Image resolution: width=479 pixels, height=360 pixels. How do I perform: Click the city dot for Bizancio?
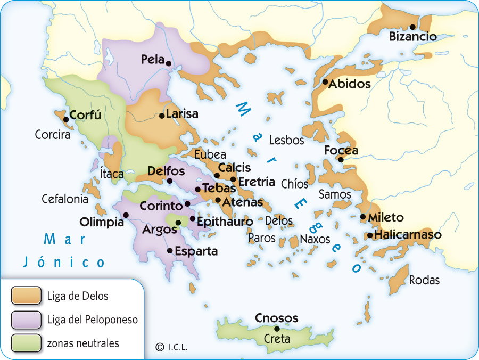tap(412, 27)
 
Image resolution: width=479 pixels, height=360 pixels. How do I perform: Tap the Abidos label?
tap(349, 84)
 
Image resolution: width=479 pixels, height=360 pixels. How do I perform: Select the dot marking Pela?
tap(169, 63)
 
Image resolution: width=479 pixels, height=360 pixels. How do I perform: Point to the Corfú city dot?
tap(66, 119)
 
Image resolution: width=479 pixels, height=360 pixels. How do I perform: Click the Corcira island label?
tap(53, 135)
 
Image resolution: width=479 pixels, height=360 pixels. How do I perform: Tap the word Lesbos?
tap(286, 141)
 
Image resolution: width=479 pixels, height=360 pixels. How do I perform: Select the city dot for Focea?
tap(341, 159)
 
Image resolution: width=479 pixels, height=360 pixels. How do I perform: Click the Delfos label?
tap(166, 171)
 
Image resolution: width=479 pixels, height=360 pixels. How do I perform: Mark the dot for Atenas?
tap(218, 200)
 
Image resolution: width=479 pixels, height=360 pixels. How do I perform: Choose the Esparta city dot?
tap(170, 250)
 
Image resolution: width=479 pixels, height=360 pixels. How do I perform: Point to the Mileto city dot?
tap(363, 217)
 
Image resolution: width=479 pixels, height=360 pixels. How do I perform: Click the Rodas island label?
tap(424, 280)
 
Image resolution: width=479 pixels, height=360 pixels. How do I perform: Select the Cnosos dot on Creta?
tap(277, 329)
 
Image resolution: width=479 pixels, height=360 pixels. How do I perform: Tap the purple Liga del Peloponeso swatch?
tap(26, 320)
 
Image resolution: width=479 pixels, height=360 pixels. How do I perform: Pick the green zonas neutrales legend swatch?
tap(26, 343)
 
